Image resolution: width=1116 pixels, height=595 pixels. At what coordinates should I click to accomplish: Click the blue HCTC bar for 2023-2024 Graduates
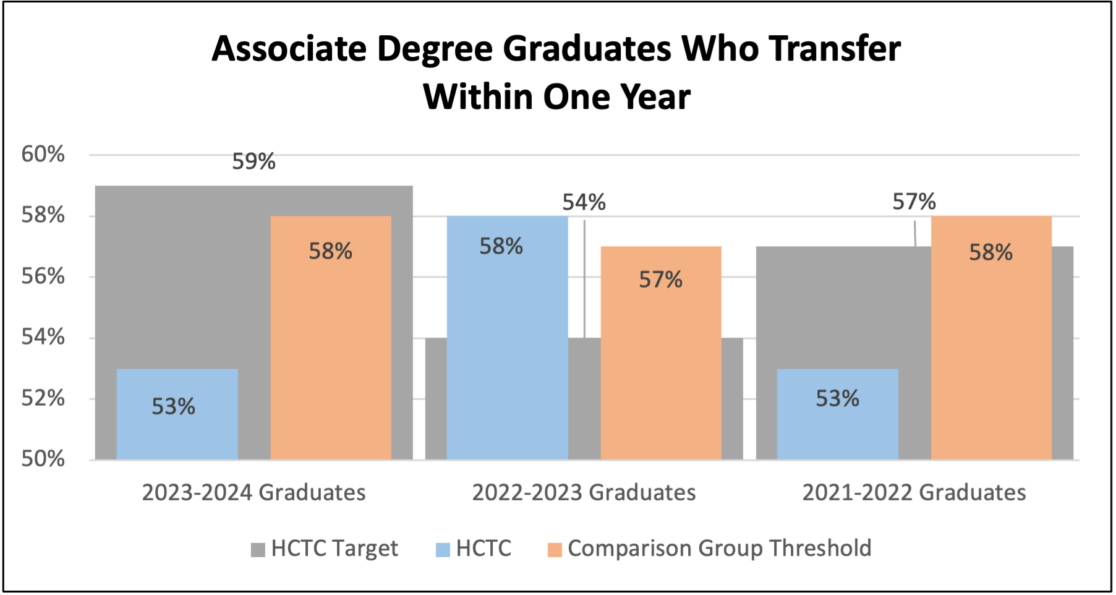pos(177,414)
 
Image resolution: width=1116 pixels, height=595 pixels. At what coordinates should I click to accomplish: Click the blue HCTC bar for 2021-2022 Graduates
pos(837,414)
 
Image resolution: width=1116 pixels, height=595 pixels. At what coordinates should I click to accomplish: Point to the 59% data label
pos(253,161)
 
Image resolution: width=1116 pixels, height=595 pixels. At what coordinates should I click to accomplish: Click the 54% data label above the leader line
pos(584,202)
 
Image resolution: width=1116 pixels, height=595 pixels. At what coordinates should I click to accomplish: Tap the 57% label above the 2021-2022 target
pos(914,202)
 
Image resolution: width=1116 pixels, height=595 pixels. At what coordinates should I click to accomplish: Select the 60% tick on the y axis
pos(43,154)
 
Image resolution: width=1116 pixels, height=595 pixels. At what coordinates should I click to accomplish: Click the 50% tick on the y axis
pos(43,459)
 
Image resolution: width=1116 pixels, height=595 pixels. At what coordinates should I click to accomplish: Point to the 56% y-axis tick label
pos(43,276)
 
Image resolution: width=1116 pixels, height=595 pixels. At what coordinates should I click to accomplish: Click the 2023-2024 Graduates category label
pos(253,492)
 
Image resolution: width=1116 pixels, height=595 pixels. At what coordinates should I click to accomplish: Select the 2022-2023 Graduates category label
pos(584,492)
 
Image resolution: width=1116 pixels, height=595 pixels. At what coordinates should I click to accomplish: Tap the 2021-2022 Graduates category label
pos(914,492)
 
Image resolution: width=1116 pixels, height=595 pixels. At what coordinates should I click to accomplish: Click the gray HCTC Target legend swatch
pos(258,549)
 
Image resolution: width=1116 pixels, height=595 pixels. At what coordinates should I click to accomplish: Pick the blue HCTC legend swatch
pos(443,549)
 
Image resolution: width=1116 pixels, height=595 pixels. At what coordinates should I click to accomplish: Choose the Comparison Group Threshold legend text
pos(719,548)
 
